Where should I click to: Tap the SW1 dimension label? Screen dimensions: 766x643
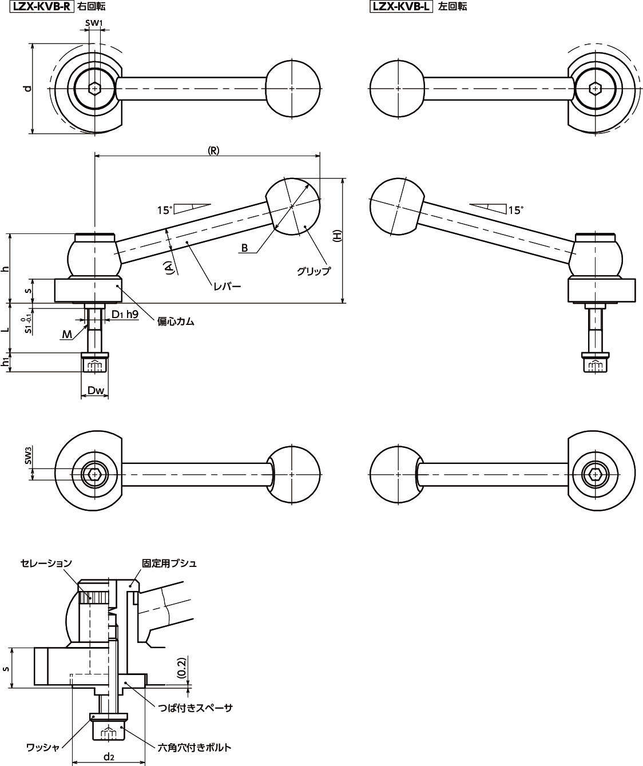tap(94, 23)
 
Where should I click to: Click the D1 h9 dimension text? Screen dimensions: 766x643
tap(125, 314)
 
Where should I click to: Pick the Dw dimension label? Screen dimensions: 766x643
tap(96, 391)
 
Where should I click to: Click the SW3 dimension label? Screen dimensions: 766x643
tap(27, 457)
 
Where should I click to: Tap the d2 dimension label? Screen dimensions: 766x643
tap(109, 757)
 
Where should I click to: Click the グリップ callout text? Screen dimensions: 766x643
tap(313, 271)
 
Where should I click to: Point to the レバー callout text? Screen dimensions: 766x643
tap(227, 286)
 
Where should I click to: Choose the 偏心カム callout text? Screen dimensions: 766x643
tap(176, 322)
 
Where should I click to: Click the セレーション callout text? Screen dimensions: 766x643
tap(46, 563)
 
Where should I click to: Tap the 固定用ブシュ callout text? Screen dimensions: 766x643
tap(169, 563)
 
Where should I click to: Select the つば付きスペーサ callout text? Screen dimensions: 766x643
tap(196, 708)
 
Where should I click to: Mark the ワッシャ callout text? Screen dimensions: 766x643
tap(43, 747)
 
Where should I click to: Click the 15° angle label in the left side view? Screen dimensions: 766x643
tap(164, 211)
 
